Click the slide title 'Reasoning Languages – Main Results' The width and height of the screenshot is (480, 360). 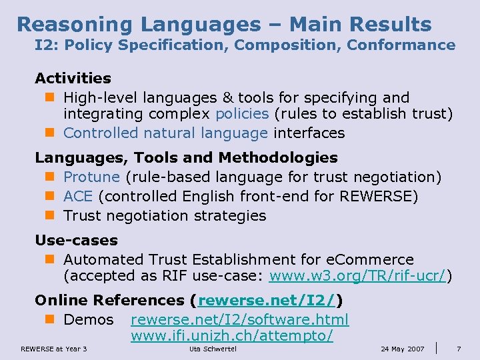pyautogui.click(x=224, y=24)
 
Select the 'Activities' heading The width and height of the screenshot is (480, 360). pyautogui.click(x=73, y=79)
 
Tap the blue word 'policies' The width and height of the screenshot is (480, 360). pyautogui.click(x=242, y=114)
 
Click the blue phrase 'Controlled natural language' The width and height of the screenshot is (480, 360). pyautogui.click(x=165, y=133)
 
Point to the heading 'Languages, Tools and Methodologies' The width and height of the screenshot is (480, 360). pyautogui.click(x=186, y=158)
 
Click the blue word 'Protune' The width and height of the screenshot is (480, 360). pyautogui.click(x=91, y=177)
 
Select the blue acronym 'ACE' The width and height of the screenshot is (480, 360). pyautogui.click(x=78, y=197)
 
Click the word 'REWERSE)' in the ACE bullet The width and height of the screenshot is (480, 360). pyautogui.click(x=379, y=197)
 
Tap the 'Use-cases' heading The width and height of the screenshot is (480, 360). pyautogui.click(x=76, y=240)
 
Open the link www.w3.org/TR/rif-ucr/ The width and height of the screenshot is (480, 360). pyautogui.click(x=357, y=276)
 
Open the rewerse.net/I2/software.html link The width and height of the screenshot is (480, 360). pyautogui.click(x=239, y=320)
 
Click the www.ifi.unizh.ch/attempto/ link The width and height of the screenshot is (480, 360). pyautogui.click(x=231, y=336)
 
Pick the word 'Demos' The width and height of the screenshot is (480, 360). pyautogui.click(x=89, y=320)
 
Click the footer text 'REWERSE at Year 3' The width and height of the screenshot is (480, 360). pyautogui.click(x=53, y=349)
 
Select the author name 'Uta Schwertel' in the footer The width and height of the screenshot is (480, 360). pyautogui.click(x=213, y=349)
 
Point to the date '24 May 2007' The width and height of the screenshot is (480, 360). pyautogui.click(x=402, y=349)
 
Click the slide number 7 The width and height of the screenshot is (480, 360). pyautogui.click(x=459, y=349)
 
